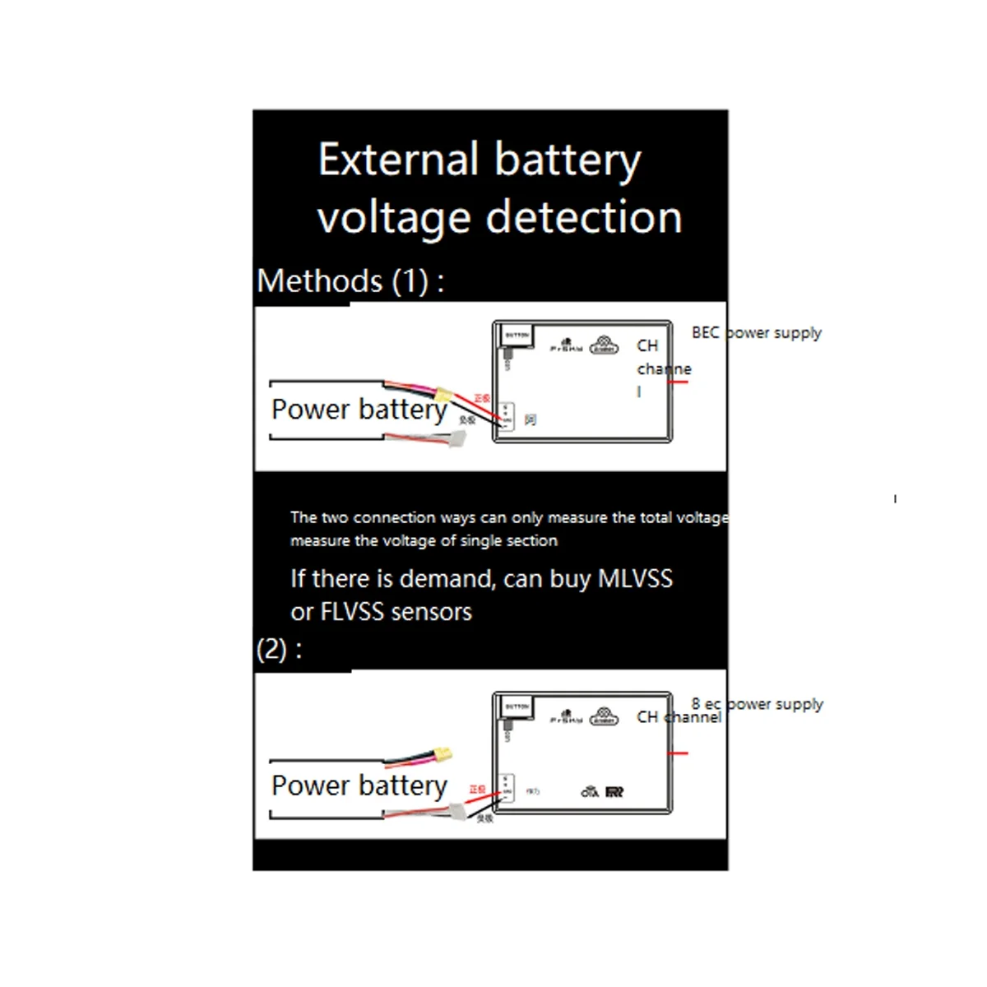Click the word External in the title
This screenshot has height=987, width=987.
coord(398,160)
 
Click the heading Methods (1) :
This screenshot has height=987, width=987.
coord(350,281)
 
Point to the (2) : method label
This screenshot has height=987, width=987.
coord(279,650)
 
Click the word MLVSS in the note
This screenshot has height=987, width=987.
coord(635,578)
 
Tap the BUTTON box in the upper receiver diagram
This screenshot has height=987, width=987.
coord(517,336)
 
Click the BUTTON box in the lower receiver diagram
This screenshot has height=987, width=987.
coord(517,707)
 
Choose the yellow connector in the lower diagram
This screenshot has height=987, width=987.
coord(445,753)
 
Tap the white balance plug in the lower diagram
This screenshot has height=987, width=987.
coord(455,811)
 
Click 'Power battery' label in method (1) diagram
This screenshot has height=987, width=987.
coord(359,410)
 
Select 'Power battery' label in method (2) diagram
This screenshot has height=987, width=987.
coord(359,786)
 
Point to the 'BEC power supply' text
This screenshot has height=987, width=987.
coord(756,333)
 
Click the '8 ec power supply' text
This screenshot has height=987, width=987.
coord(757,704)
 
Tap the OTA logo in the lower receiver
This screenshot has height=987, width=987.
coord(590,792)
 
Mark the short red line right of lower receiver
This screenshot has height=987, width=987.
coord(678,753)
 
